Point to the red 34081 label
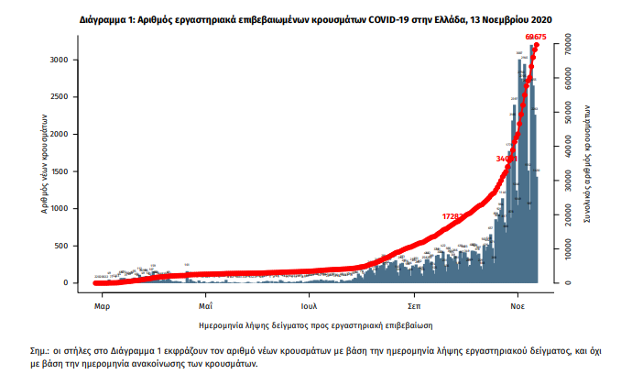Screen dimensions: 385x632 coord(507,159)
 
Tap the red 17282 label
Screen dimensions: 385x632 coord(455,216)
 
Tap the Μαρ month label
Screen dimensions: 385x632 coord(103,302)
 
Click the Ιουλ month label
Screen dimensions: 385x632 coord(310,302)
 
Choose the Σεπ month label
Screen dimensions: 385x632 coord(414,302)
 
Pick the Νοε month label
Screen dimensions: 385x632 coord(518,302)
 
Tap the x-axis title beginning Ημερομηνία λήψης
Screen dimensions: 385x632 coord(315,324)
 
